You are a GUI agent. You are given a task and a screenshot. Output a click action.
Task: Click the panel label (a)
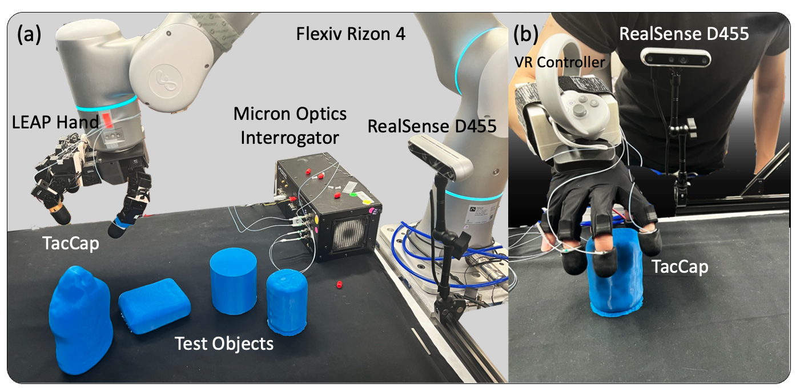point(29,35)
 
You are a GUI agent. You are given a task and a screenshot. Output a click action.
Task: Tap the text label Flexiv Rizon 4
point(351,34)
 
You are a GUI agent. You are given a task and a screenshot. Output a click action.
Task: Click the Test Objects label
point(224,343)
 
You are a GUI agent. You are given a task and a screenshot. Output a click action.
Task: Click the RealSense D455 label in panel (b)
point(684,34)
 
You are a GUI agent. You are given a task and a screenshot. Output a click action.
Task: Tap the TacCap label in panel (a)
point(71,244)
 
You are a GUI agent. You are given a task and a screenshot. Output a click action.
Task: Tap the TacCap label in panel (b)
point(681,266)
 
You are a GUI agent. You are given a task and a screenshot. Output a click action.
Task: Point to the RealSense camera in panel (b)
point(676,56)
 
